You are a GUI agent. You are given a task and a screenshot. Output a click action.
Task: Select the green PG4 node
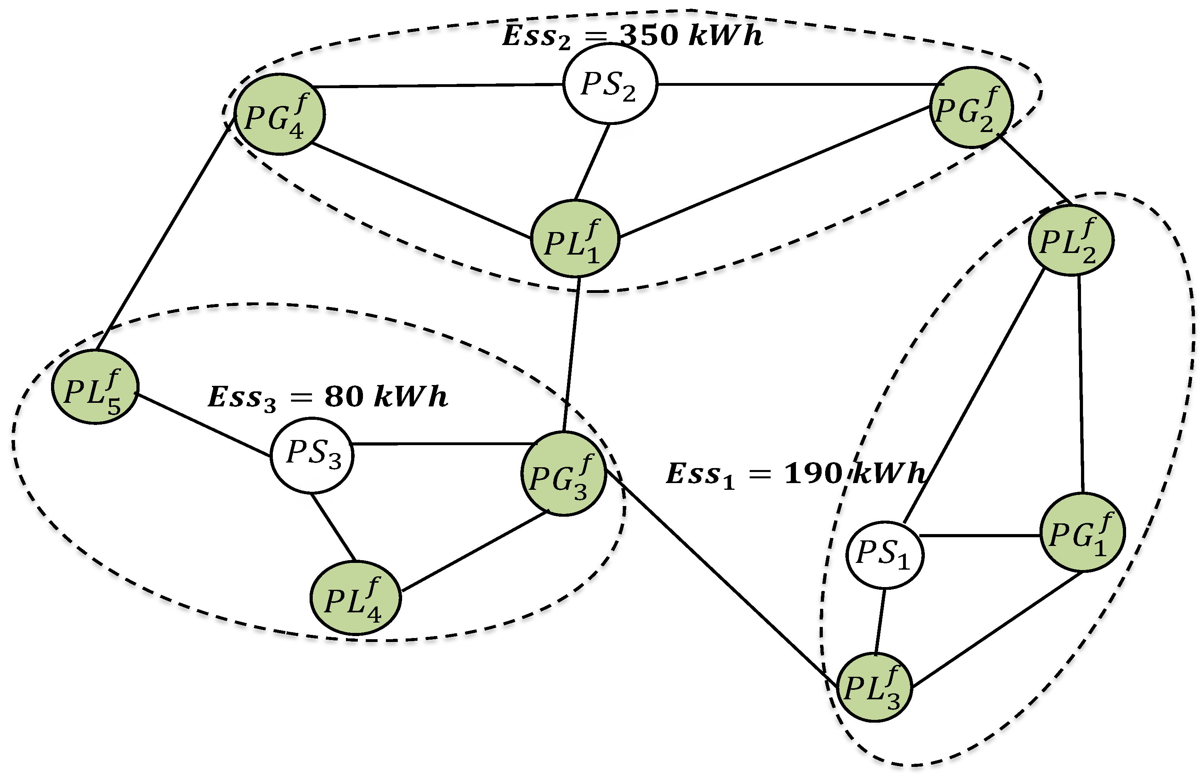[x=279, y=114]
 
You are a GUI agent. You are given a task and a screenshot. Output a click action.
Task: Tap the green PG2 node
[x=970, y=108]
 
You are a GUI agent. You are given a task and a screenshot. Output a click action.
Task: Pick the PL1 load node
[x=575, y=239]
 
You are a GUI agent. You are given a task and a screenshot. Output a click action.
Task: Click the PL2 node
[x=1070, y=240]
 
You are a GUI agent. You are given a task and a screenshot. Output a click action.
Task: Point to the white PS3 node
[x=312, y=455]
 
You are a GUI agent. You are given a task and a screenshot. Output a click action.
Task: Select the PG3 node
[x=563, y=474]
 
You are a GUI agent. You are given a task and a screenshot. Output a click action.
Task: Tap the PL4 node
[x=355, y=598]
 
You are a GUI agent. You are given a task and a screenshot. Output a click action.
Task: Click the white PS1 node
[x=884, y=555]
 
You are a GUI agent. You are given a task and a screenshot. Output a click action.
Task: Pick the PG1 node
[x=1081, y=532]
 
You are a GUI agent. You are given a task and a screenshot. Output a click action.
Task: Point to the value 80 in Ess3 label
[x=344, y=396]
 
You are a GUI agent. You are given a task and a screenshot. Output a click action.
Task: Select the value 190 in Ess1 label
[x=813, y=474]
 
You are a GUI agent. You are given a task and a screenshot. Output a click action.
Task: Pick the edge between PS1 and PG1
[x=980, y=535]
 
